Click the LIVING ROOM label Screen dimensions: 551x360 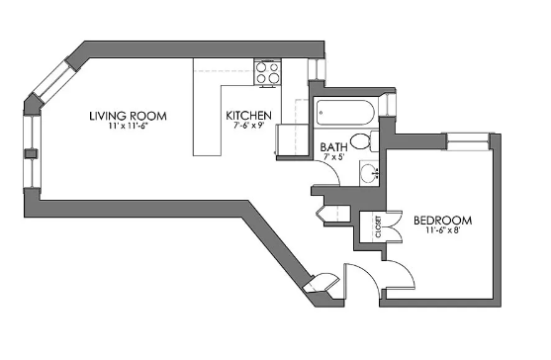(128, 116)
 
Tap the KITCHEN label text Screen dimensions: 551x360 (248, 115)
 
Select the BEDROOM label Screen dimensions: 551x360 (442, 221)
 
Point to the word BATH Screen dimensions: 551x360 (333, 146)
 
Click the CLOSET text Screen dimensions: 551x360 (378, 226)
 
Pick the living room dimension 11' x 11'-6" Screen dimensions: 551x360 (128, 126)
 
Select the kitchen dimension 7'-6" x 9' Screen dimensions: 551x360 (248, 126)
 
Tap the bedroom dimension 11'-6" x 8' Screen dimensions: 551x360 (443, 230)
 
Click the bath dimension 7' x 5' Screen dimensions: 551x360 (333, 156)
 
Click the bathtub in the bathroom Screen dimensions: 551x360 (345, 113)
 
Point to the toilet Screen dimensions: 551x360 (364, 141)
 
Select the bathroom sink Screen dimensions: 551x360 (369, 173)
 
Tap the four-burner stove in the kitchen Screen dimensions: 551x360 (267, 72)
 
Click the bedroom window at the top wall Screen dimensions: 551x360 (469, 141)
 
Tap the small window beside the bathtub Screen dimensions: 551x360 (388, 105)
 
